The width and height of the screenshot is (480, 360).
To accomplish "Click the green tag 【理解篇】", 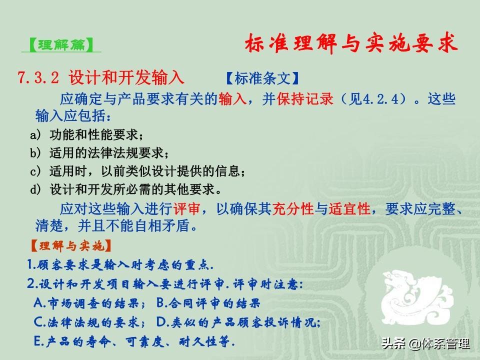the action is (x=61, y=45).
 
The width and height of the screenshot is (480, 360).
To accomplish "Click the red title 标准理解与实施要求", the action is (x=351, y=43).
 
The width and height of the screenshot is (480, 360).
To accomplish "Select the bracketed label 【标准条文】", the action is (x=262, y=78).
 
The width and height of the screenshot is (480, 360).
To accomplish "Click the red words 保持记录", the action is (x=305, y=98).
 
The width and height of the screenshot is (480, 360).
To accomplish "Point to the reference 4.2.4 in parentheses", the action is (x=380, y=99).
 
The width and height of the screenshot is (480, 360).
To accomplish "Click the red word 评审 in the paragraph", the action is (x=186, y=209).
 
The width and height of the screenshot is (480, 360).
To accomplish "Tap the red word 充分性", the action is (x=293, y=209).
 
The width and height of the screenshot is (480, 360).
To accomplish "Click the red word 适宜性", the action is (x=349, y=209).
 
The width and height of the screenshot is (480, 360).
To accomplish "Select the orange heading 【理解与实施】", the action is (x=70, y=245).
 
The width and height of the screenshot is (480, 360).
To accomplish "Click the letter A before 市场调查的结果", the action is (x=39, y=303).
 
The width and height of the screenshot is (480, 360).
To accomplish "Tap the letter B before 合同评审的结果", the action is (x=161, y=303).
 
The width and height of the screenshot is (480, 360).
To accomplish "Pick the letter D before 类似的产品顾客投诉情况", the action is (x=161, y=321).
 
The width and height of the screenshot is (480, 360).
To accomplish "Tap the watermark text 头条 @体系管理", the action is (x=425, y=343).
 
